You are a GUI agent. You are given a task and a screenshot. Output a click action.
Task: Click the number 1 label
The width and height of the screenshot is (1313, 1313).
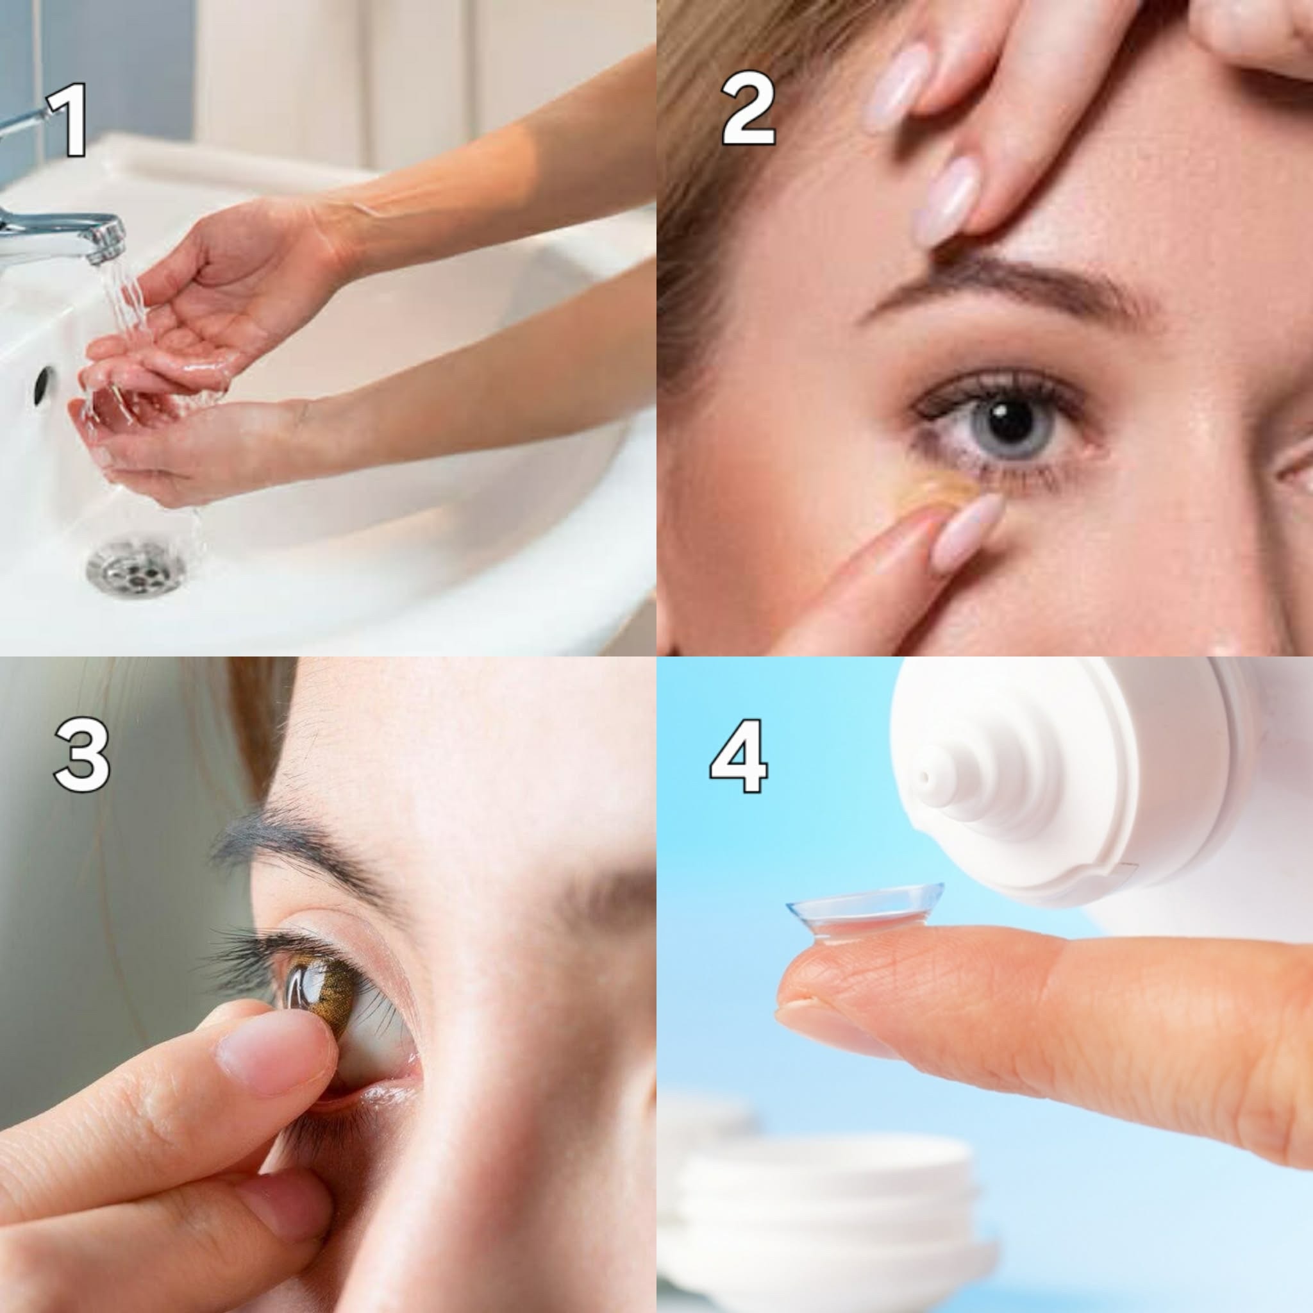69,120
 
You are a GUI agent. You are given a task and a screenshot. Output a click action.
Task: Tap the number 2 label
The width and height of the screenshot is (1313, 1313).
748,110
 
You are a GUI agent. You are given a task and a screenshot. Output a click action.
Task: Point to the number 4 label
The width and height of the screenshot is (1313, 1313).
739,756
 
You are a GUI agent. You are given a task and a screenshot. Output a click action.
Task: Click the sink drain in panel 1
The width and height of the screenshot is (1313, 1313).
136,564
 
